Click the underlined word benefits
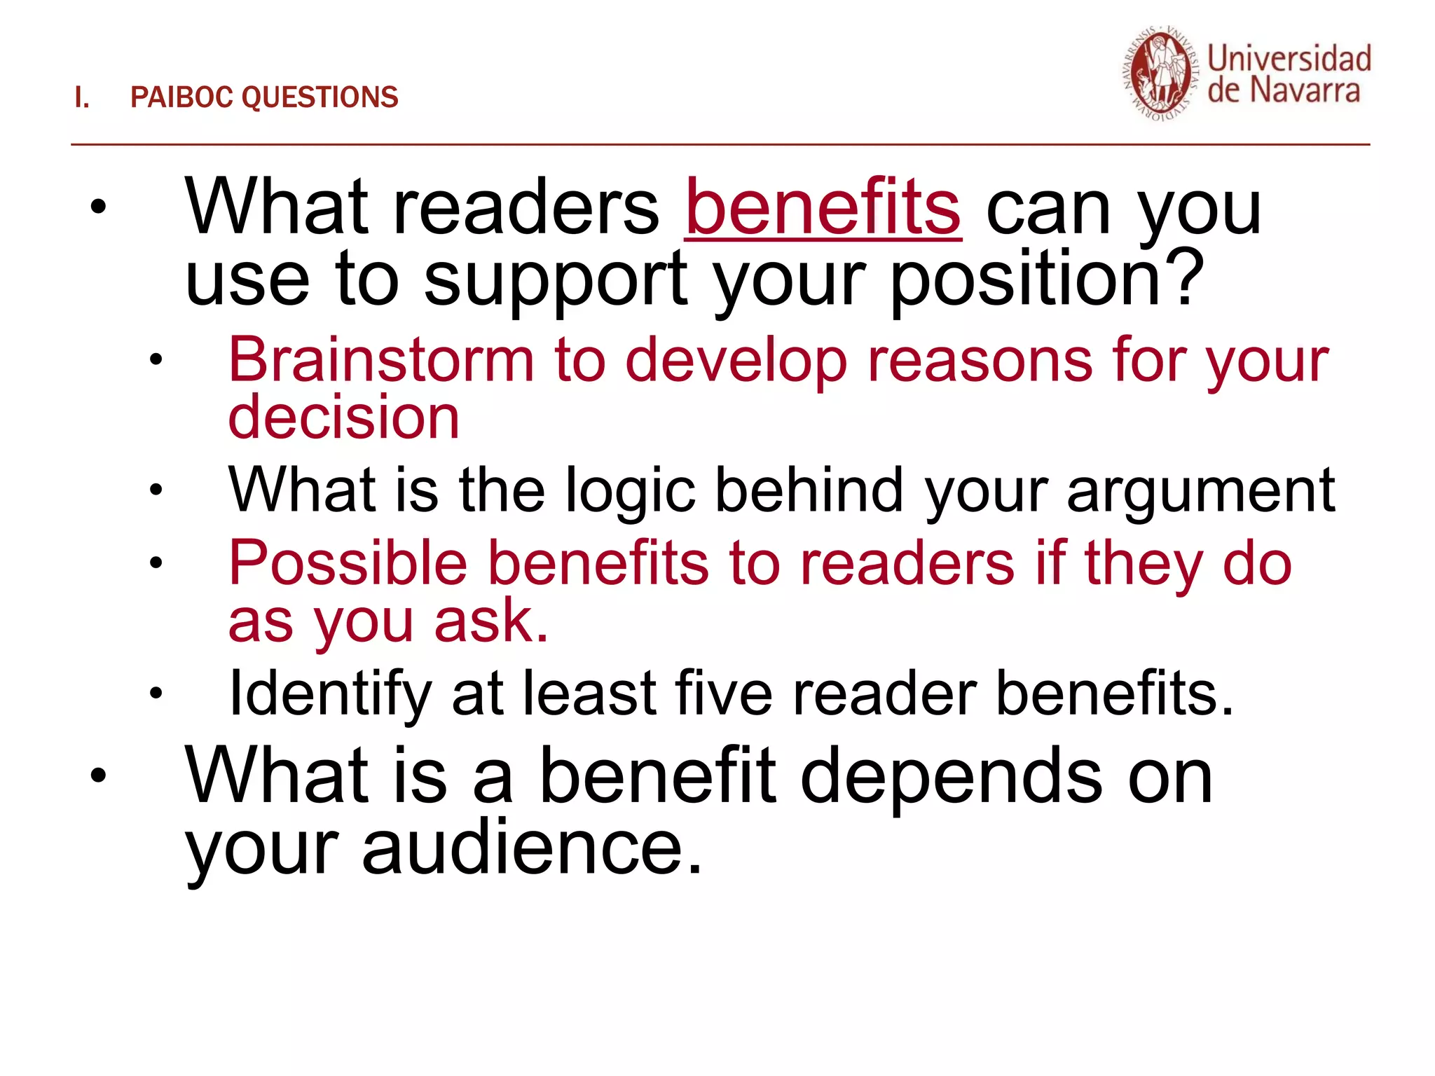click(x=823, y=208)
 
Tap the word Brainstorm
click(x=381, y=361)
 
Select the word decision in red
click(x=343, y=418)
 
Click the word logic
click(x=630, y=491)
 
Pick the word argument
click(x=1201, y=491)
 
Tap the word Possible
click(x=348, y=563)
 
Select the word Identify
click(x=329, y=694)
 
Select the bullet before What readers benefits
click(x=98, y=207)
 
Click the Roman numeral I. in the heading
click(x=82, y=97)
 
